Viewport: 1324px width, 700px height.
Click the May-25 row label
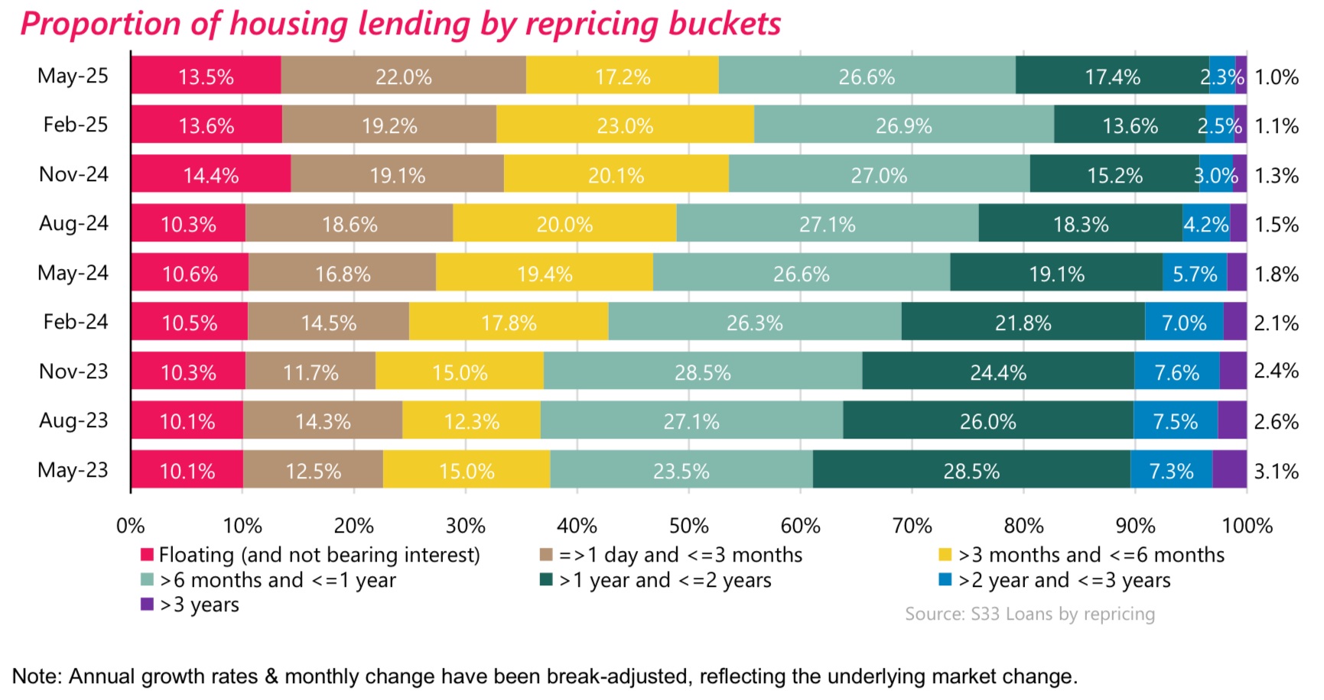point(73,76)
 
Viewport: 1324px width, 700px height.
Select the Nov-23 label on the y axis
point(73,371)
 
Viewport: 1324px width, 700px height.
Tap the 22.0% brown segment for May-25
point(403,76)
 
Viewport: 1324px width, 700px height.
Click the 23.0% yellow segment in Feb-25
point(625,125)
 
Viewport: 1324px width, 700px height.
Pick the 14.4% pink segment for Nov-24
point(210,175)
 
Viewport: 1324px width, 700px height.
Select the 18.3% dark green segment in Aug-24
point(1080,224)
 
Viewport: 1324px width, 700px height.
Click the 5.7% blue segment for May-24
point(1194,274)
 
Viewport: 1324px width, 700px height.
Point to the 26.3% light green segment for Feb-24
point(754,322)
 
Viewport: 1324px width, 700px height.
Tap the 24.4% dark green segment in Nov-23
point(997,372)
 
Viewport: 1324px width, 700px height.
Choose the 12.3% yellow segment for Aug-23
point(471,421)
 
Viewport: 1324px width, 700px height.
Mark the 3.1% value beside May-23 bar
point(1276,472)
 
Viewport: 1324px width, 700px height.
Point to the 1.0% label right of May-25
point(1276,77)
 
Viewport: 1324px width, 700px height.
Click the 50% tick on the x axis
point(688,526)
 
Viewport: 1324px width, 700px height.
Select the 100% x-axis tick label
point(1247,526)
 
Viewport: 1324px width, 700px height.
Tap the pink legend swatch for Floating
point(148,555)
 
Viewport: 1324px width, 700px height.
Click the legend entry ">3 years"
point(199,604)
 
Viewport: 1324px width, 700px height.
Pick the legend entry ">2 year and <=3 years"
point(1063,580)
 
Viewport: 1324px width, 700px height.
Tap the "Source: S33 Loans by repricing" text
point(1030,614)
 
